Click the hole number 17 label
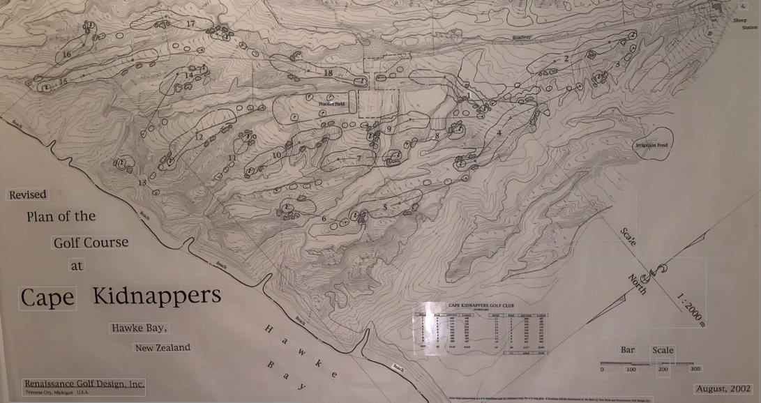point(190,24)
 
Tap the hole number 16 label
point(66,54)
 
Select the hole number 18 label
point(328,73)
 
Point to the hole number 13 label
point(142,183)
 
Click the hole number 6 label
point(324,219)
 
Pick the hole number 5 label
point(384,207)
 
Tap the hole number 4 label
point(499,133)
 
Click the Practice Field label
point(332,104)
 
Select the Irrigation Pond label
point(651,145)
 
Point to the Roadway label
point(521,37)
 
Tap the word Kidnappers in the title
point(157,296)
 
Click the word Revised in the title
point(28,195)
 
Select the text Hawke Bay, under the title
point(139,327)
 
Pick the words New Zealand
point(163,347)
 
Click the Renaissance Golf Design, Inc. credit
point(84,383)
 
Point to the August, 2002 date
point(723,388)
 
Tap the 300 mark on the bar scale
point(695,369)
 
